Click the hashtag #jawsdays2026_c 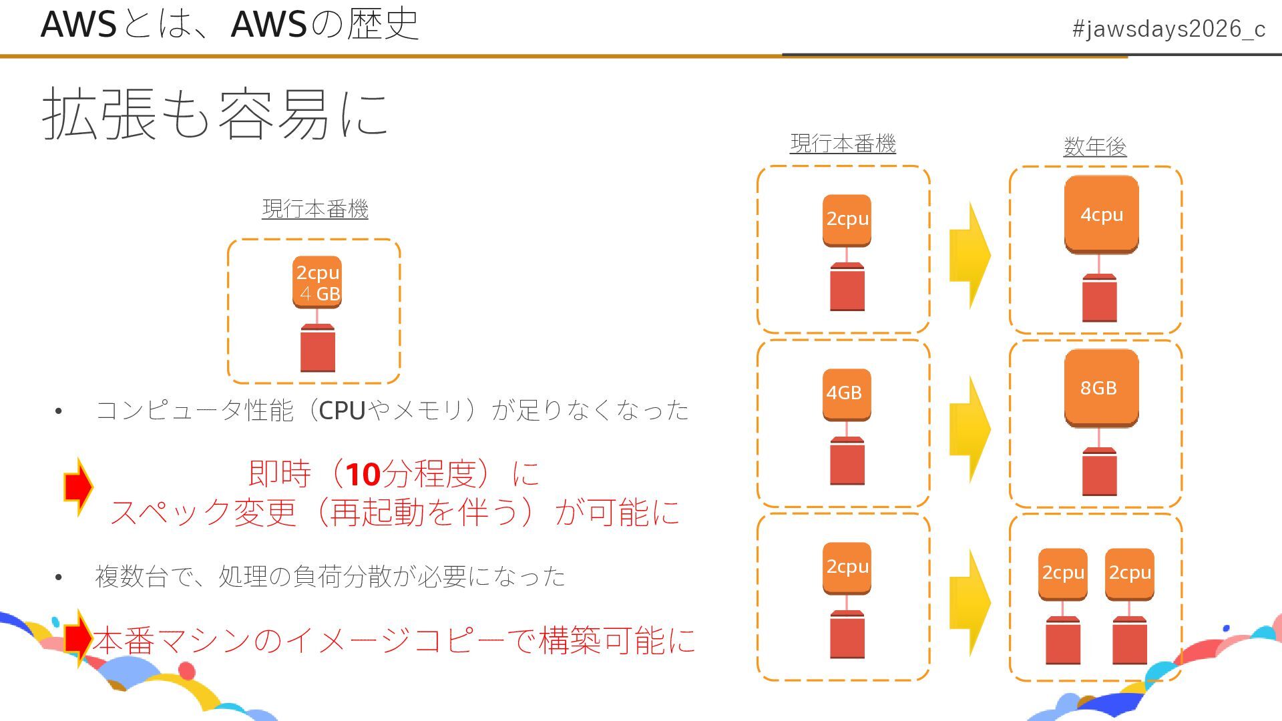point(1168,29)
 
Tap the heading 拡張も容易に point(215,114)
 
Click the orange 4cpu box point(1101,215)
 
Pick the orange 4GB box point(846,393)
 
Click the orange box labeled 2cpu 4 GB point(317,282)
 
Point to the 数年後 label point(1095,146)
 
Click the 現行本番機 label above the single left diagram point(314,209)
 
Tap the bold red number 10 point(363,475)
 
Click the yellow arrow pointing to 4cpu point(970,255)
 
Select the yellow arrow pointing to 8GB point(970,429)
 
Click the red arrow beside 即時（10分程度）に point(78,487)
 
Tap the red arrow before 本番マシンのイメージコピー point(78,638)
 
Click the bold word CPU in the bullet point(342,411)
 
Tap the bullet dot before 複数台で point(59,577)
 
